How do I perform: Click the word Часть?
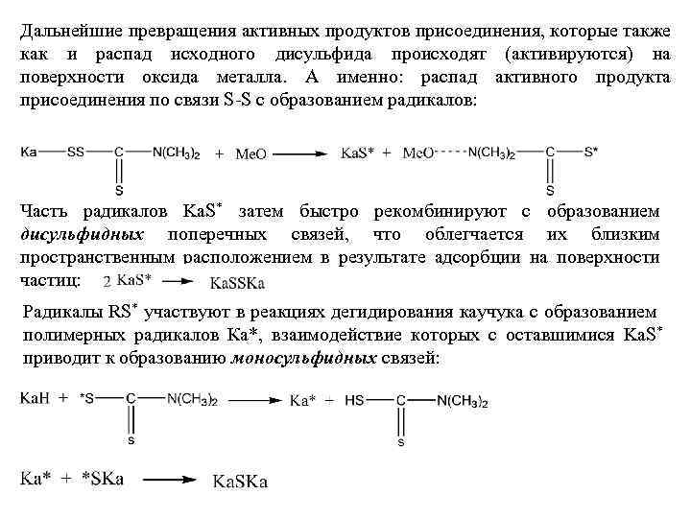(44, 211)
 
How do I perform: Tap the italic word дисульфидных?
(82, 234)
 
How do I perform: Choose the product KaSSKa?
(237, 282)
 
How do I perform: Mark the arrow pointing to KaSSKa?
(179, 281)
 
